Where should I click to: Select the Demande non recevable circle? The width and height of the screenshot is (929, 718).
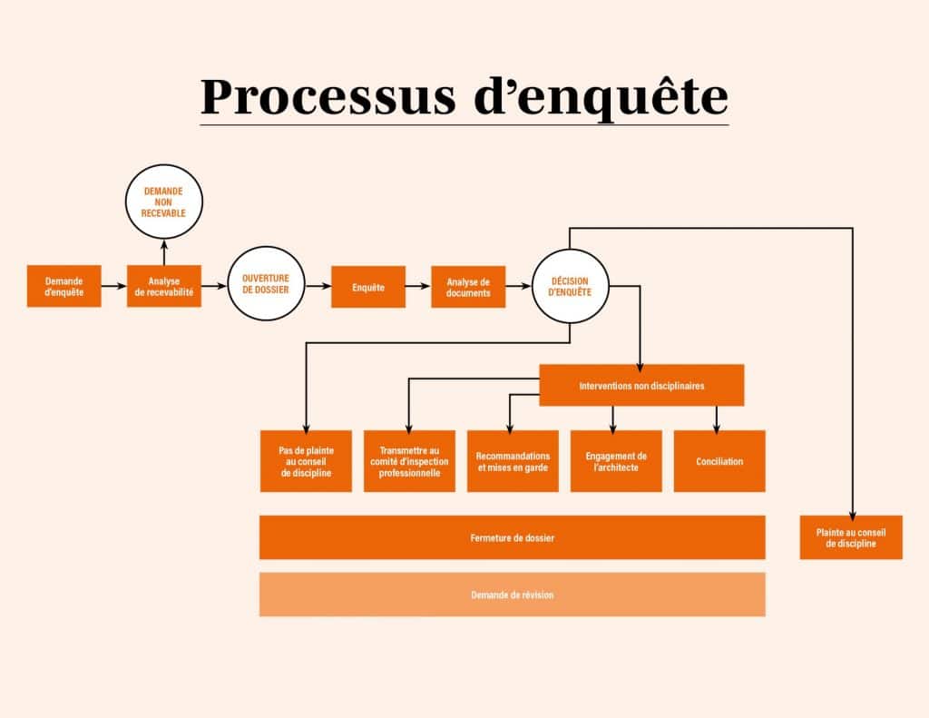(164, 202)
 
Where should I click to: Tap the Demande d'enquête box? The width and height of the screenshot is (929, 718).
(64, 286)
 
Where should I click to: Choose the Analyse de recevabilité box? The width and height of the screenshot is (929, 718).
(164, 286)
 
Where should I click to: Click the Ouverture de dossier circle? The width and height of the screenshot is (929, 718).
(266, 286)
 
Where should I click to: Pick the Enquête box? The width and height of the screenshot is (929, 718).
(368, 287)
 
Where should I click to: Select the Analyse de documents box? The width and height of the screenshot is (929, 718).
(468, 287)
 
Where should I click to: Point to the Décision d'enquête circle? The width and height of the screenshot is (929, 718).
(571, 286)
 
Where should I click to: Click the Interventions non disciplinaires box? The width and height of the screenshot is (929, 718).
(641, 385)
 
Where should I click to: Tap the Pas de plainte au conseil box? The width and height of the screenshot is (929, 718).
(306, 461)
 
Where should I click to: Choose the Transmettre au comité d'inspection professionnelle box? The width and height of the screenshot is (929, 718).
(409, 461)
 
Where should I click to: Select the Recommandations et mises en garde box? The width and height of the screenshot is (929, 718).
(513, 461)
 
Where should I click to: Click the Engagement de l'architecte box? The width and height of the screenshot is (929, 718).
(616, 461)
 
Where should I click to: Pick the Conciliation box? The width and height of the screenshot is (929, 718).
(719, 461)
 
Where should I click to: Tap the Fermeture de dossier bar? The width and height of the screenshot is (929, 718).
(512, 537)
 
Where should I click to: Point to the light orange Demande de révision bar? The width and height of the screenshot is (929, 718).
(512, 595)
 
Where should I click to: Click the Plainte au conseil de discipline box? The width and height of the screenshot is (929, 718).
(851, 537)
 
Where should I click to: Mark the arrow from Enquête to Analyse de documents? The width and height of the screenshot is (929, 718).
(418, 286)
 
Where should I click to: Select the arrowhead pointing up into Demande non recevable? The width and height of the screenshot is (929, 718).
(164, 244)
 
